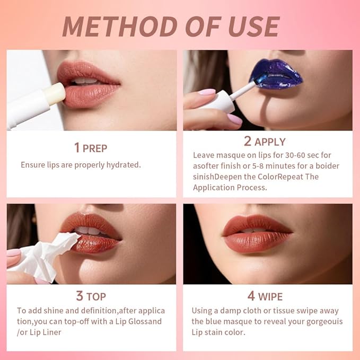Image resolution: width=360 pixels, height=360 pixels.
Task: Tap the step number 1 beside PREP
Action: (77, 147)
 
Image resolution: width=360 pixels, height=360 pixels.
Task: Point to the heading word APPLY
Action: (270, 142)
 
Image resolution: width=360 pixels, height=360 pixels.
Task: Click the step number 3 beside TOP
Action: (80, 295)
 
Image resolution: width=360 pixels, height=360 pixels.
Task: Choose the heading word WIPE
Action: (270, 296)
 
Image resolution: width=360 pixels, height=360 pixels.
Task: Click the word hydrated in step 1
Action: (122, 165)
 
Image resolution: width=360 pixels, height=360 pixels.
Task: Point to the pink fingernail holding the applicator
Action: (207, 92)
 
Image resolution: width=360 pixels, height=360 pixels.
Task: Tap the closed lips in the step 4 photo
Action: (258, 233)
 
